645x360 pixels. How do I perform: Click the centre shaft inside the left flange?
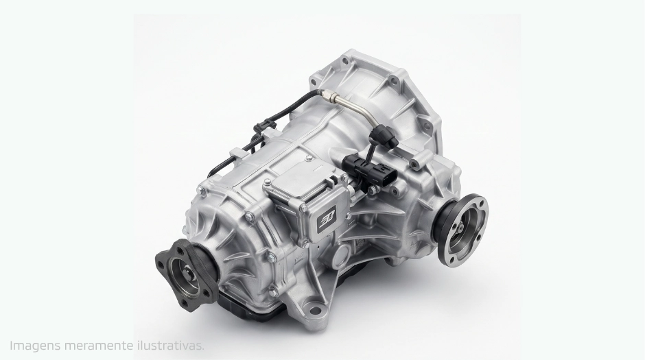pos(189,274)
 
